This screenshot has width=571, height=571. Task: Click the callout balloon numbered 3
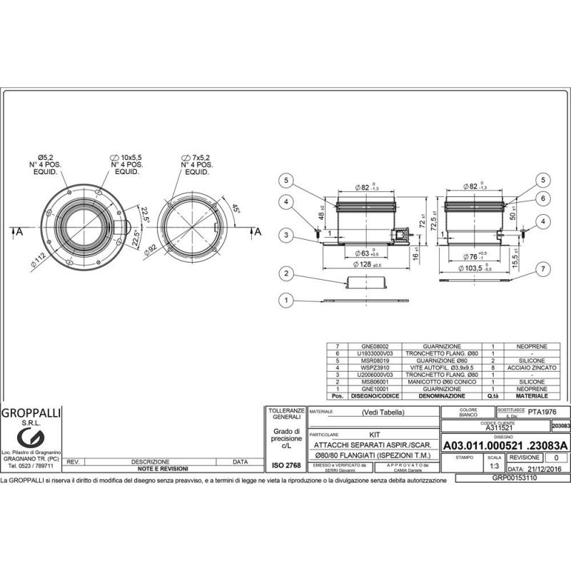286,234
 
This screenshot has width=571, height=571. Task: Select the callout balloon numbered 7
543,268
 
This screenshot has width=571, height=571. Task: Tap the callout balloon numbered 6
543,198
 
